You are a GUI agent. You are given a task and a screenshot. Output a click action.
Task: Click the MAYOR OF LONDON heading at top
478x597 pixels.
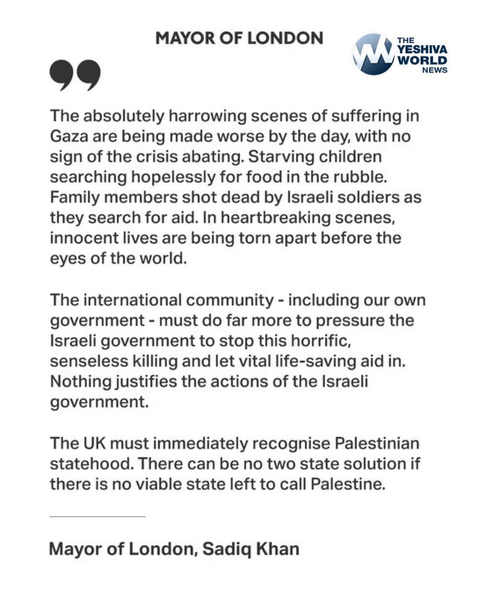click(239, 38)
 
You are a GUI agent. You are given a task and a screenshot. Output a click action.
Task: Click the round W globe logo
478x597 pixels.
click(374, 54)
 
